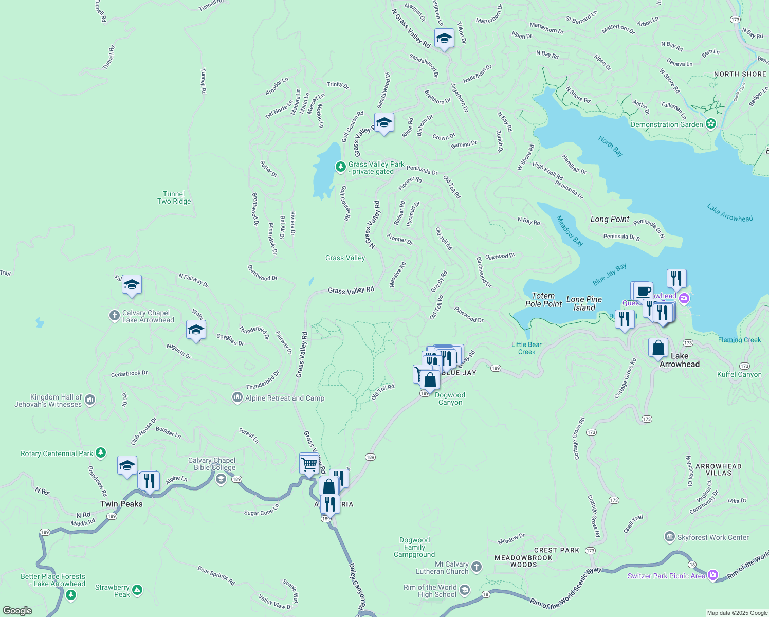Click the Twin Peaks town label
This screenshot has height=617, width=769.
[121, 504]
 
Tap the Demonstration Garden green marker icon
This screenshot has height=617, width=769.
[711, 124]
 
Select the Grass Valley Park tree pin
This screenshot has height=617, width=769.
[340, 167]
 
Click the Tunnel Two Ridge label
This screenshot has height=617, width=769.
[174, 197]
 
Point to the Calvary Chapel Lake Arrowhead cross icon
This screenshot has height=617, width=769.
[115, 316]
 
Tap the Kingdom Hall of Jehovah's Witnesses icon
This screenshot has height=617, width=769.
[90, 400]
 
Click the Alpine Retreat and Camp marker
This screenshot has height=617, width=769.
[237, 397]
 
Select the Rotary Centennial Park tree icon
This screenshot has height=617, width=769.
[101, 453]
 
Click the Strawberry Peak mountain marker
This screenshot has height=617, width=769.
[137, 590]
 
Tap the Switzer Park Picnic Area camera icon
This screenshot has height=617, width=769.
[713, 575]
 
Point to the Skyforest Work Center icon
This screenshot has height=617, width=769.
[669, 537]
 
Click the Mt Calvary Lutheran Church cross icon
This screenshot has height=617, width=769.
[477, 567]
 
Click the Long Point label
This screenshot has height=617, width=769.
[610, 219]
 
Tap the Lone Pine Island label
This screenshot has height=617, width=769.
[584, 303]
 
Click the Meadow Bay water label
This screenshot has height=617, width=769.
[570, 230]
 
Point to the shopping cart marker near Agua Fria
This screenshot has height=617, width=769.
[309, 464]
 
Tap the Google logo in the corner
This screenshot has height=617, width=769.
[17, 610]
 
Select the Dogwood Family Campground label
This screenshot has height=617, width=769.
[414, 547]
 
